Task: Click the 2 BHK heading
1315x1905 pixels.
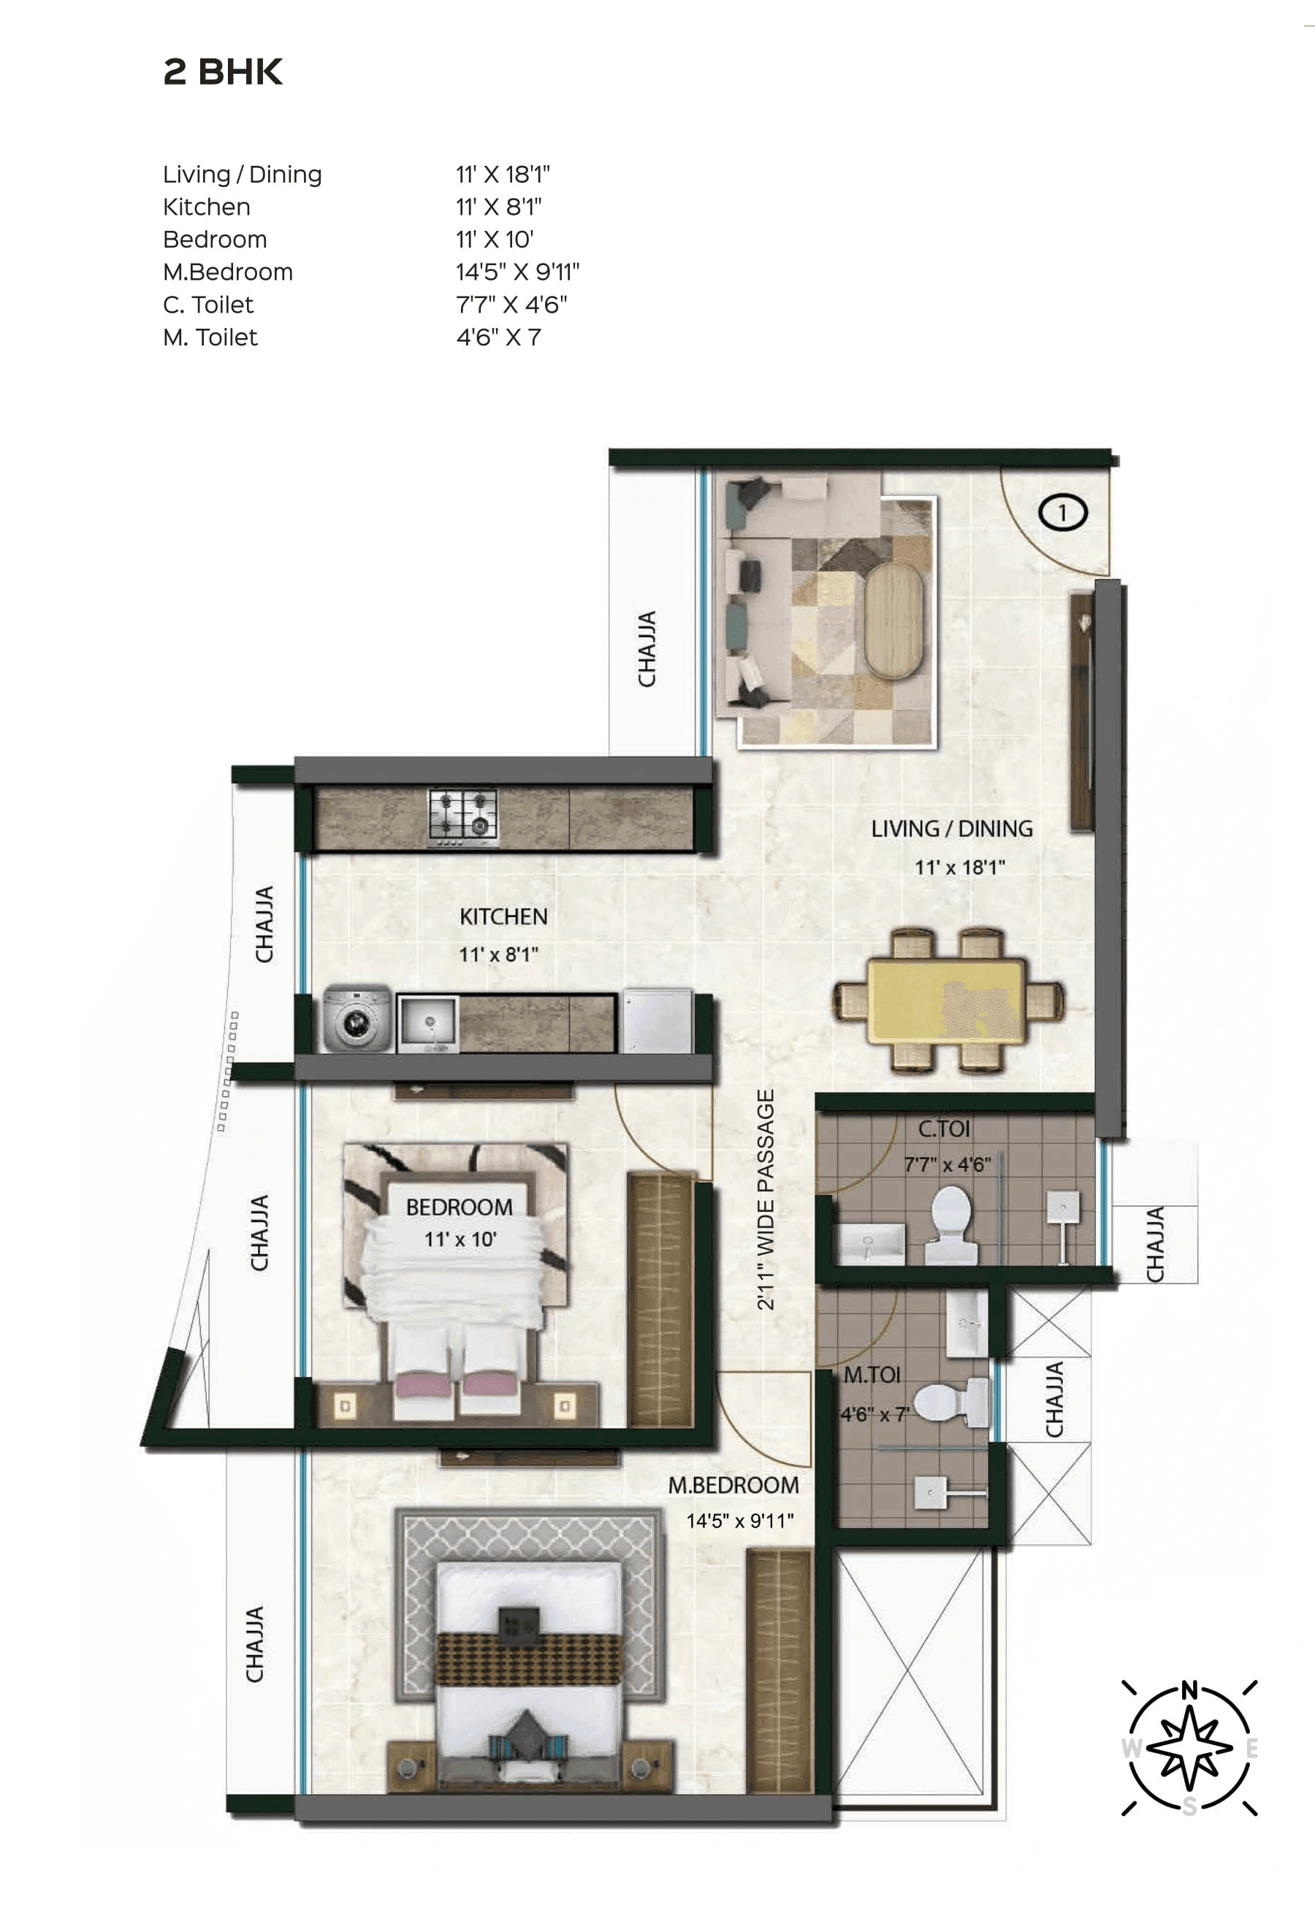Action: tap(223, 72)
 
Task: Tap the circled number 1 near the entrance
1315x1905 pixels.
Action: tap(1063, 513)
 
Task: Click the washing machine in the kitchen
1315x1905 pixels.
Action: tap(357, 1020)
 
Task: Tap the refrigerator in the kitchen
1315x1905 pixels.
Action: tap(657, 1021)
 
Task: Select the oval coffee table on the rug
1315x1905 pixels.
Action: tap(896, 620)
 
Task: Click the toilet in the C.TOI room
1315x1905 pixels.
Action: tap(951, 1225)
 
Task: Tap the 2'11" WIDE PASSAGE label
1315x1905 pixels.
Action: tap(766, 1200)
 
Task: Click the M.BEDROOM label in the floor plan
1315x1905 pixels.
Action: tap(733, 1486)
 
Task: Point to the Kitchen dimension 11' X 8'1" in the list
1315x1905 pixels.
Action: tap(498, 207)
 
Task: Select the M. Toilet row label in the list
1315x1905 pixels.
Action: tap(210, 337)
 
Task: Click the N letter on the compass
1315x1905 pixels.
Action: tap(1188, 1691)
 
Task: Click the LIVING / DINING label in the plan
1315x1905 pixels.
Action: tap(952, 828)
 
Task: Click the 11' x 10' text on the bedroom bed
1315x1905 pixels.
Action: tap(460, 1240)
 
